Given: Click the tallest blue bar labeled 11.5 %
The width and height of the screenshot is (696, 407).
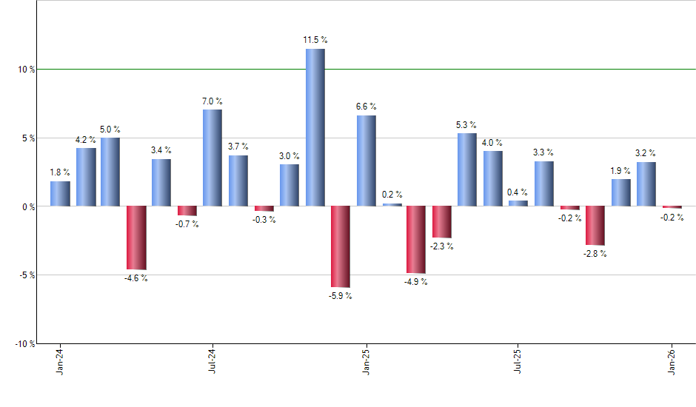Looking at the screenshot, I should (x=315, y=127).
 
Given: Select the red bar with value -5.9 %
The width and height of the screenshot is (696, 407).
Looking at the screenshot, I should (x=341, y=246).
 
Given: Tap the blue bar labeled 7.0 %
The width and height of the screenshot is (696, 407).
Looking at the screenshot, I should (x=213, y=158).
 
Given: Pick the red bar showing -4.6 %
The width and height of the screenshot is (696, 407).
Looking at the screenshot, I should (x=136, y=238).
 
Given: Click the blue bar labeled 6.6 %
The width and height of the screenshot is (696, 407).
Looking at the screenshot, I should (x=366, y=161).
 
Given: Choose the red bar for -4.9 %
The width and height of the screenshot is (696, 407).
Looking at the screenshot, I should (x=416, y=240).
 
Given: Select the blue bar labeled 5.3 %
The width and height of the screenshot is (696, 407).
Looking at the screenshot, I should (x=466, y=169).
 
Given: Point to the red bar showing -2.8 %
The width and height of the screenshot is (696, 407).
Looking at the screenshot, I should (x=595, y=226).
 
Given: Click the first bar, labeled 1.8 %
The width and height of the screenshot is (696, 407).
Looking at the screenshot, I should (x=60, y=194).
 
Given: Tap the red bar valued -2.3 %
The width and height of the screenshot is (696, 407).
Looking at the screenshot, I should (x=442, y=222).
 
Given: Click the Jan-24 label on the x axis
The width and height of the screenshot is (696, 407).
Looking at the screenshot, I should (x=60, y=361).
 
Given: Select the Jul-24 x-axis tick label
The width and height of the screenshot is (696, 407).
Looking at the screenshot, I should (x=213, y=361).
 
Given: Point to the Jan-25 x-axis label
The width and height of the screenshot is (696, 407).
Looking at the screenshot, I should (x=366, y=361).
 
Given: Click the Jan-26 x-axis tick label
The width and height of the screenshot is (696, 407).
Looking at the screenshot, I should (x=672, y=361).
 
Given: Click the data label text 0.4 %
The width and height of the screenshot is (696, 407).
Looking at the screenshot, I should (x=518, y=192).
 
